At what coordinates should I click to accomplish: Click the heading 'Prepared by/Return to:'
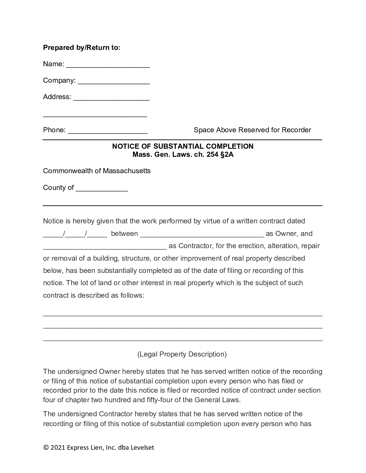pyautogui.click(x=82, y=47)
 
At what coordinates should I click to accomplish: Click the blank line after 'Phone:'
pyautogui.click(x=108, y=131)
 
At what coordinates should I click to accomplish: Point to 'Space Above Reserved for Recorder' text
pyautogui.click(x=252, y=130)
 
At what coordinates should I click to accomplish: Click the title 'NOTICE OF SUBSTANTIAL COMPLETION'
pyautogui.click(x=183, y=146)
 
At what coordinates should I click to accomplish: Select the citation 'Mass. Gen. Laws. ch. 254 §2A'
pyautogui.click(x=183, y=155)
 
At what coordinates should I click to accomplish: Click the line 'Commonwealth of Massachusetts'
pyautogui.click(x=97, y=171)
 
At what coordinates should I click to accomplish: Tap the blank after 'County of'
pyautogui.click(x=102, y=189)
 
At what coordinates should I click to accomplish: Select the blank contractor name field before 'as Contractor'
pyautogui.click(x=105, y=247)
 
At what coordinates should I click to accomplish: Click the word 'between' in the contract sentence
pyautogui.click(x=124, y=234)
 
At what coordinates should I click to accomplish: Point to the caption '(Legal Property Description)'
pyautogui.click(x=182, y=354)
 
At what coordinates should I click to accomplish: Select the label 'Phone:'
pyautogui.click(x=54, y=130)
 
